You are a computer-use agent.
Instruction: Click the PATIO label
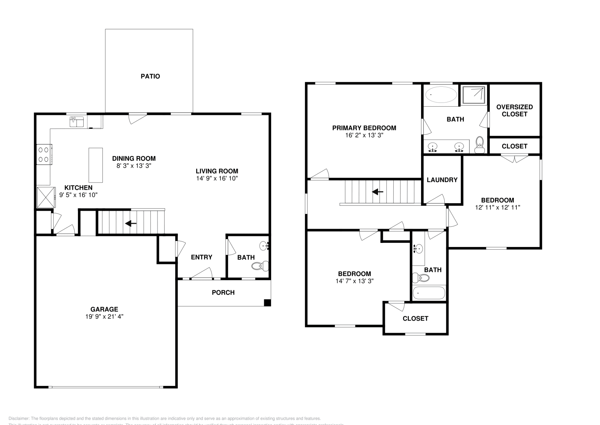(150, 76)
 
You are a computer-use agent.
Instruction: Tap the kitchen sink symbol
(76, 122)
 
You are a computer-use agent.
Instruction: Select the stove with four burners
(44, 154)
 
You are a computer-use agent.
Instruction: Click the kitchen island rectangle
(95, 165)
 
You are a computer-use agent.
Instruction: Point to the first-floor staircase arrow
(130, 223)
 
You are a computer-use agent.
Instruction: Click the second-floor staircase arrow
(377, 192)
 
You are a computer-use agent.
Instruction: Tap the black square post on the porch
(267, 302)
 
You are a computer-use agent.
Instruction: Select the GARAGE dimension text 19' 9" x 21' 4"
(104, 316)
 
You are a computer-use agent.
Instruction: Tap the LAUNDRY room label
(442, 180)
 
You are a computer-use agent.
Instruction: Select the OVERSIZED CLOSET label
(514, 110)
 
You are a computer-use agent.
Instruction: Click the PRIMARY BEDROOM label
(364, 128)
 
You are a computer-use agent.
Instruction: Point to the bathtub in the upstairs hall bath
(429, 293)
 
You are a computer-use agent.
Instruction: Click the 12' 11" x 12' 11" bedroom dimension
(497, 207)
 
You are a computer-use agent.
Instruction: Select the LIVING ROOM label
(217, 171)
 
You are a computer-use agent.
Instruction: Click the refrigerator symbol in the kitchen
(45, 197)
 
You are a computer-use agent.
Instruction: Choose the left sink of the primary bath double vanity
(433, 146)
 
